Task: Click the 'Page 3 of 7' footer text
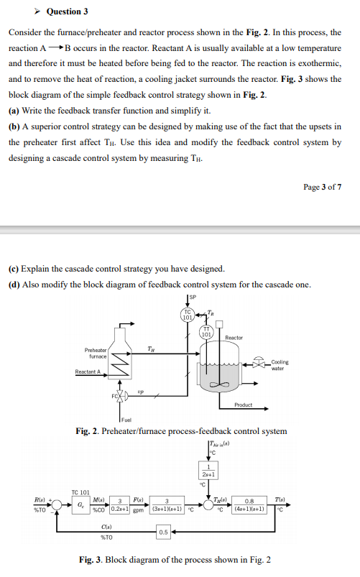(x=323, y=187)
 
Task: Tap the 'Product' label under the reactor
(x=243, y=405)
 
